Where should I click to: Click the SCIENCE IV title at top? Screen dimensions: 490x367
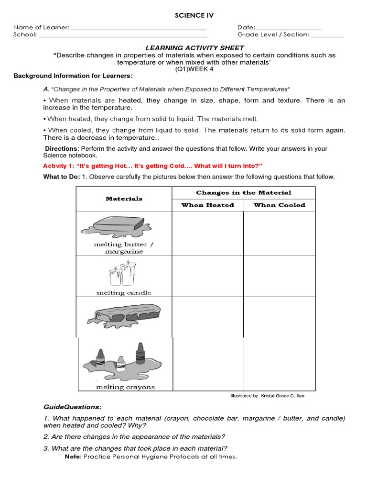194,15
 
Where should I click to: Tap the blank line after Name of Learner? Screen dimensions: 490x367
138,29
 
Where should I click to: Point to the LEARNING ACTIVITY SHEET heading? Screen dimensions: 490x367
194,48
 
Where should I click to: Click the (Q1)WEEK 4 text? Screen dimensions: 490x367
194,69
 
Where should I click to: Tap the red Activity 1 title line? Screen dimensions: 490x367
152,166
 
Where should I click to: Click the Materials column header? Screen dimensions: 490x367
124,199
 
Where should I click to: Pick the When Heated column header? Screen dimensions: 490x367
207,205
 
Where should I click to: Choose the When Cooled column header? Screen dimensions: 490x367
279,205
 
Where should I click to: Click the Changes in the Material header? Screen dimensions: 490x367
243,192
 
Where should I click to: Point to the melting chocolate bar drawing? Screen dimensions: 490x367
124,316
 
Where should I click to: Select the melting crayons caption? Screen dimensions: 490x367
125,387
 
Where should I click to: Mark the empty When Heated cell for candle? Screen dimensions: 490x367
207,276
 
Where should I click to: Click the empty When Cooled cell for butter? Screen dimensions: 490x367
279,233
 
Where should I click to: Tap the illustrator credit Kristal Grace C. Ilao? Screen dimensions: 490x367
267,396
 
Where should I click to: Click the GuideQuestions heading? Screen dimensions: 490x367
72,407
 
